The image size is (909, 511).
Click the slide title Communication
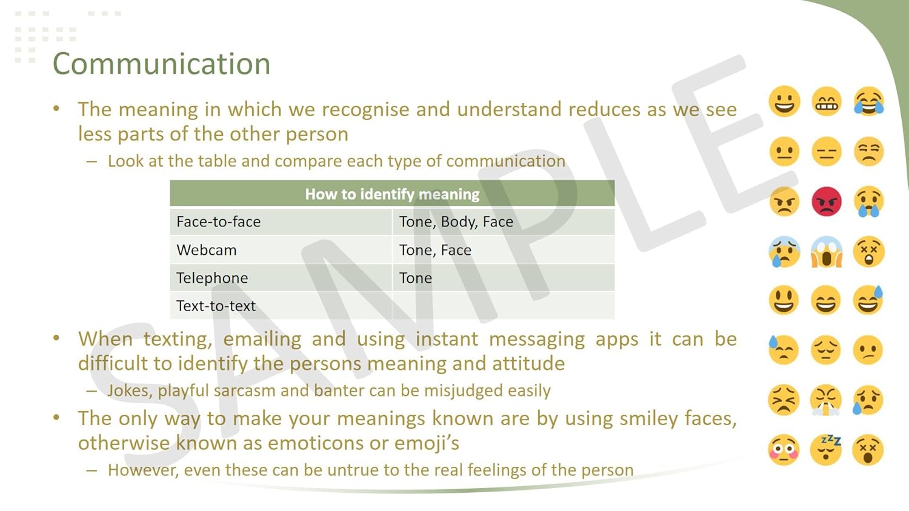tap(162, 64)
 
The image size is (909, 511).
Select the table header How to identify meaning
tap(392, 194)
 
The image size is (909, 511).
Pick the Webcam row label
tap(206, 250)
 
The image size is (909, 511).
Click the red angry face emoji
tap(826, 202)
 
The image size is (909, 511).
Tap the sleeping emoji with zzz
tap(826, 449)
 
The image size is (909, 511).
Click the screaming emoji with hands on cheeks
tap(826, 251)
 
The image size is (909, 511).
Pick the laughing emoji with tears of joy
tap(868, 101)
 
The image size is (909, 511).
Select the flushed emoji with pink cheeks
tap(784, 450)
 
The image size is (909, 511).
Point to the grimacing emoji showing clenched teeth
tap(826, 101)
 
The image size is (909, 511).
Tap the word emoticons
tap(302, 443)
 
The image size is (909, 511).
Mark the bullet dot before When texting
tap(56, 338)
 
